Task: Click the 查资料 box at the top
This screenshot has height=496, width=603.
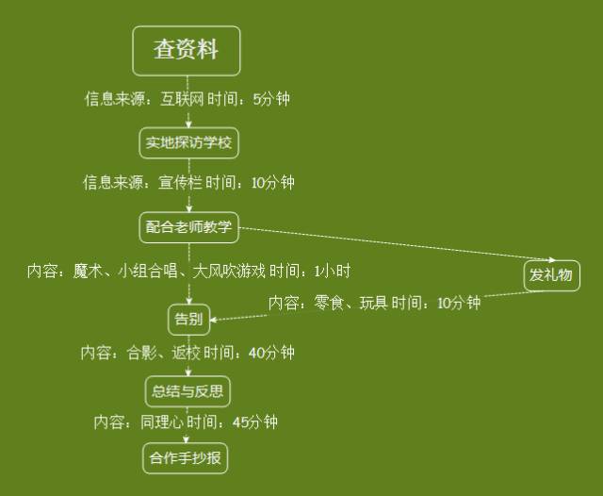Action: pyautogui.click(x=187, y=50)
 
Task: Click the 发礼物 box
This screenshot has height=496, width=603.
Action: pyautogui.click(x=551, y=275)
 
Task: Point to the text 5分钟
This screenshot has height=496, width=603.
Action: pyautogui.click(x=272, y=98)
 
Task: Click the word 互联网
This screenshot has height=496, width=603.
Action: pyautogui.click(x=182, y=98)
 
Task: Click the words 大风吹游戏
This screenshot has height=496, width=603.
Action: pyautogui.click(x=229, y=272)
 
